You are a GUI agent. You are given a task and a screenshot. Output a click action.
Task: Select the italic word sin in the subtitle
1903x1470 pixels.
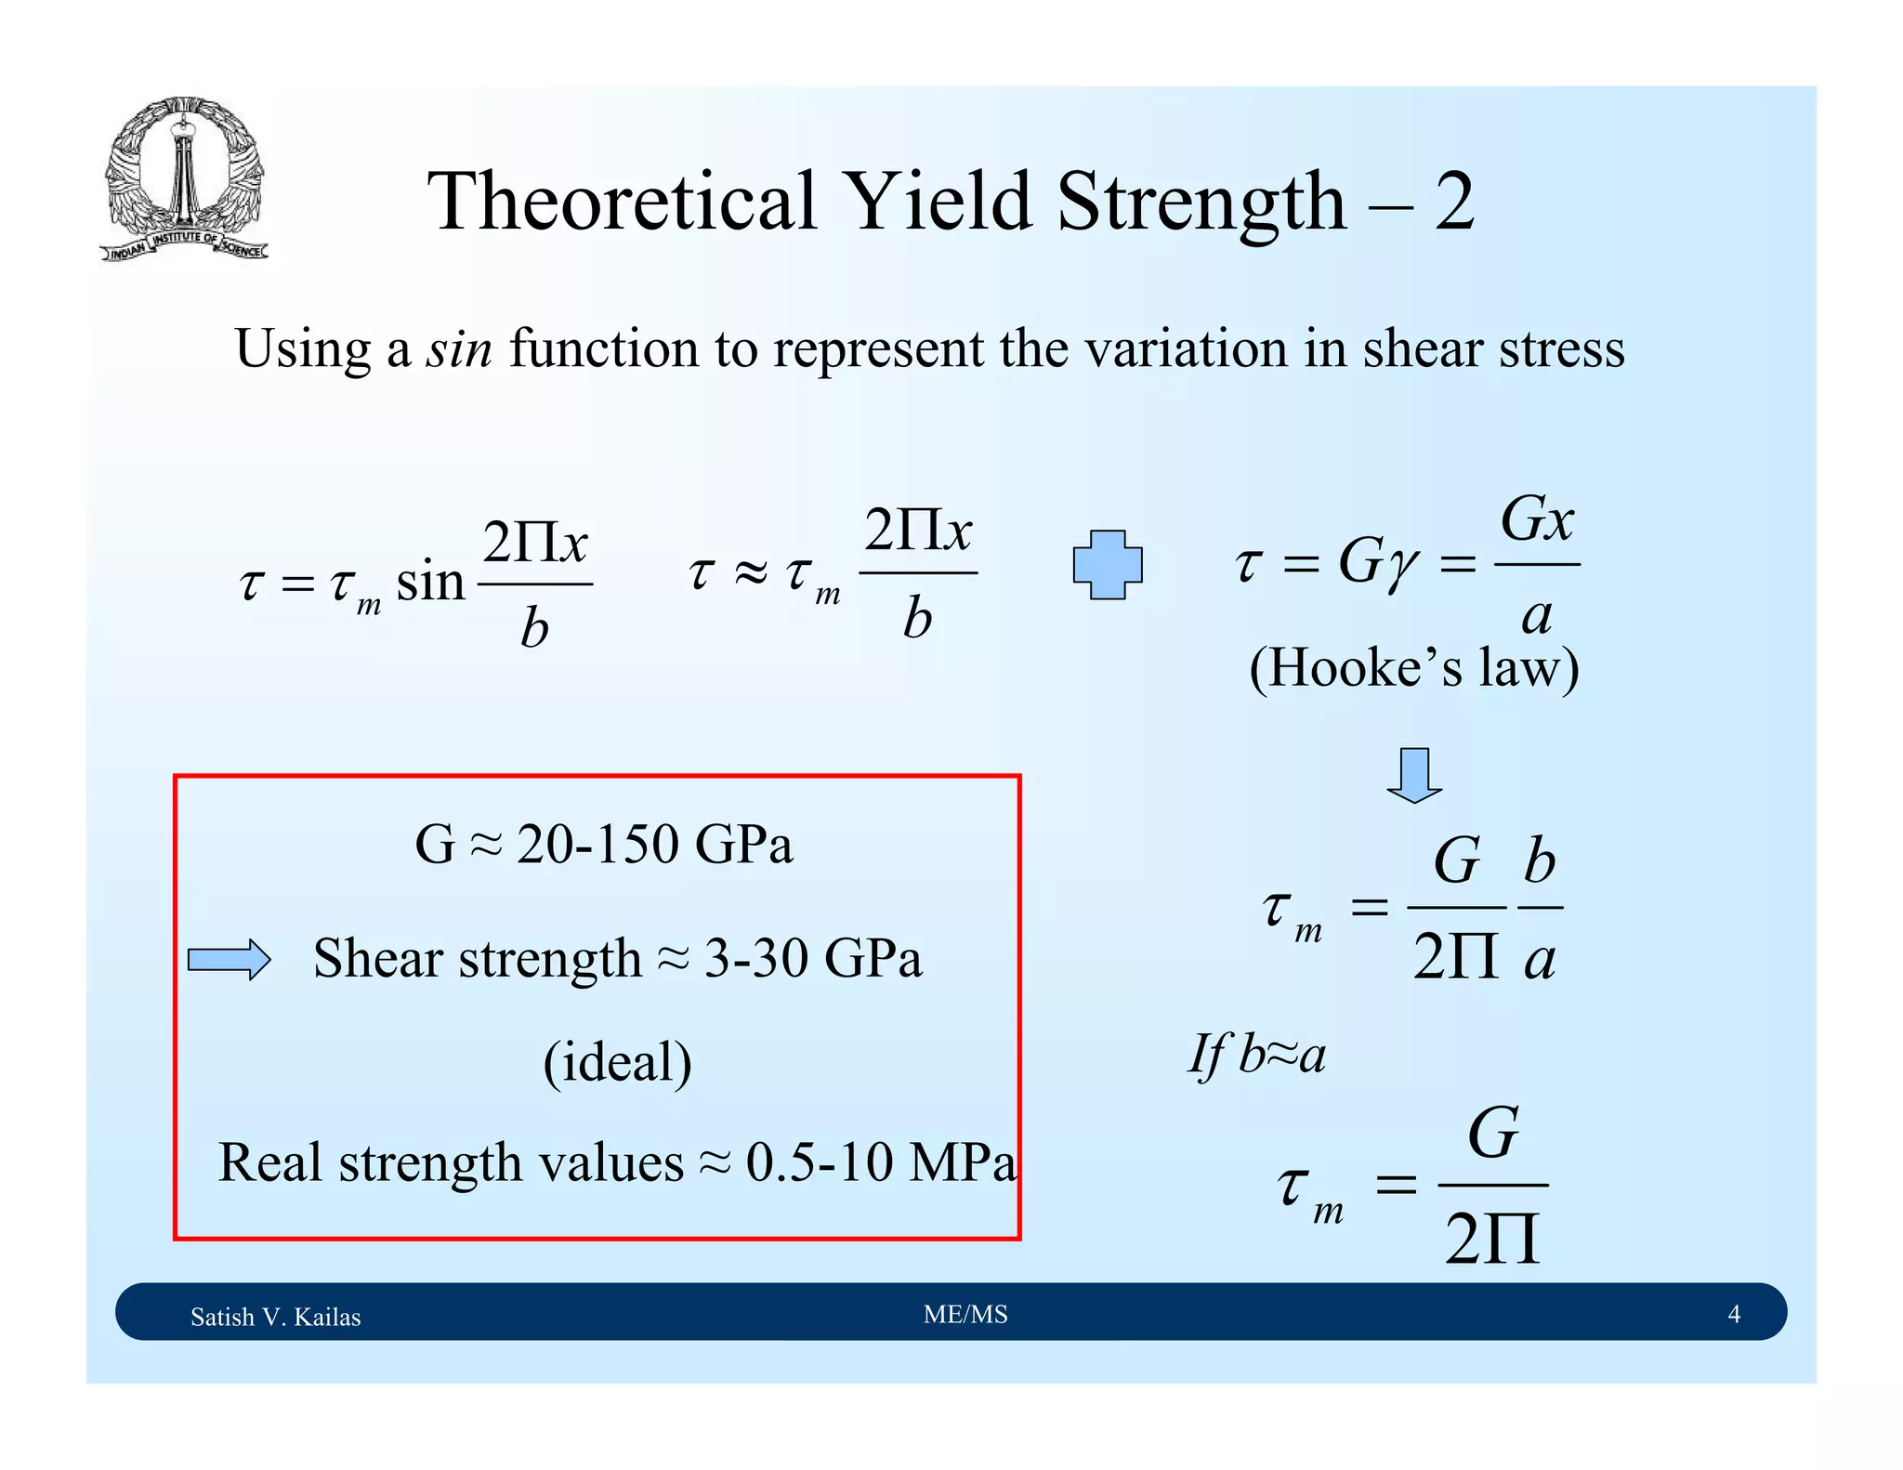point(458,350)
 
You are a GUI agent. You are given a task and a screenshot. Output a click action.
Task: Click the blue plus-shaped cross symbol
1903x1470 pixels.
point(1107,564)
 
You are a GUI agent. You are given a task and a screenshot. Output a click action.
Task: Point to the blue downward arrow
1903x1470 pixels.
point(1413,774)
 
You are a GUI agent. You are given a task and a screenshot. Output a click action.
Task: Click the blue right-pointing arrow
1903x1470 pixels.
point(229,959)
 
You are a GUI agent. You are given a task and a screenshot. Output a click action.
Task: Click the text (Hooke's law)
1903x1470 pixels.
point(1413,668)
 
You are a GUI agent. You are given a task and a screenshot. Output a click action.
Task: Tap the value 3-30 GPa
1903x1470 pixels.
point(813,958)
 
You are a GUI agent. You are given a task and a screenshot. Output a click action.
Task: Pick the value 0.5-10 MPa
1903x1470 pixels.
point(880,1162)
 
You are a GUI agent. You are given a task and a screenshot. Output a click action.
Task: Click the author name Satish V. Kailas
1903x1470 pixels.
point(275,1317)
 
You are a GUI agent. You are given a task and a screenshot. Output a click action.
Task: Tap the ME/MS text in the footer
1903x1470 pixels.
point(965,1314)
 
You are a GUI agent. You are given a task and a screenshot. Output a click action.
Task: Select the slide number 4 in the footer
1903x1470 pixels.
point(1733,1314)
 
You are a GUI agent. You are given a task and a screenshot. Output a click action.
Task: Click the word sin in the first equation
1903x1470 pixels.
point(430,583)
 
